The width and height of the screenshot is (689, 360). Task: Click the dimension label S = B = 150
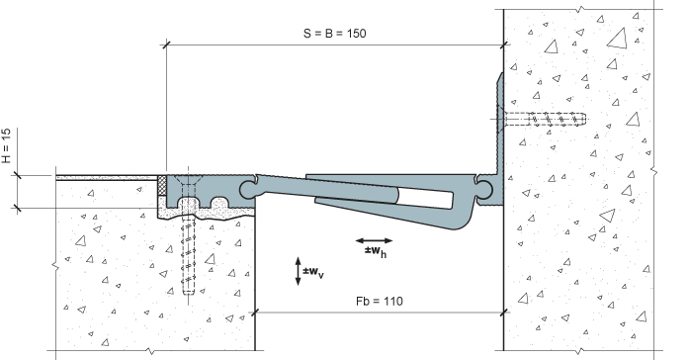[334, 34]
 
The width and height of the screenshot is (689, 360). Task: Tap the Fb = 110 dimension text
[380, 301]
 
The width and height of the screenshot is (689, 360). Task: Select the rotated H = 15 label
[6, 145]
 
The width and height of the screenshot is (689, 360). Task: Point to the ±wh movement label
[376, 251]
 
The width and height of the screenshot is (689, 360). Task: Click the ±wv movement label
[312, 272]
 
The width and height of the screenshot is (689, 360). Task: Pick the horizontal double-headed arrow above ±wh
[374, 240]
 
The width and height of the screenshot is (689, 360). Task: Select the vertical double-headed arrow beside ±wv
[298, 271]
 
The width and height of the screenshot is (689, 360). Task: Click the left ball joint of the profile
[249, 190]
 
